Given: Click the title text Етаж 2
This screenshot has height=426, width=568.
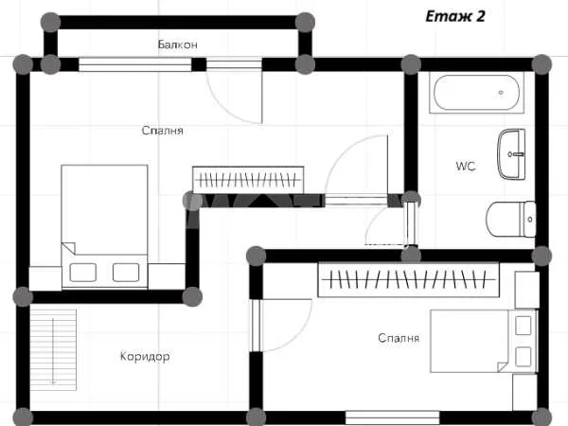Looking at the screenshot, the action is pyautogui.click(x=455, y=16).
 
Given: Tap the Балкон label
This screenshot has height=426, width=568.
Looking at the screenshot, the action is pyautogui.click(x=178, y=44).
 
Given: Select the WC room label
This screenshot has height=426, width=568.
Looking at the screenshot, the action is pyautogui.click(x=466, y=167).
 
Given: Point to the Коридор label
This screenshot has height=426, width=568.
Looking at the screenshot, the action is pyautogui.click(x=145, y=357).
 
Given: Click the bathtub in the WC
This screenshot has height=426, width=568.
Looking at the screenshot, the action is pyautogui.click(x=476, y=93).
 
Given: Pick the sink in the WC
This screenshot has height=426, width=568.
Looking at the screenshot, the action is pyautogui.click(x=511, y=153).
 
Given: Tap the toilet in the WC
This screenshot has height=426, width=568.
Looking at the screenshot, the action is pyautogui.click(x=511, y=220).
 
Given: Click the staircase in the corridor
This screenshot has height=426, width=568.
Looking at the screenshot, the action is pyautogui.click(x=53, y=350).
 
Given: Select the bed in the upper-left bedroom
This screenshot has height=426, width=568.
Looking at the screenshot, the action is pyautogui.click(x=104, y=226).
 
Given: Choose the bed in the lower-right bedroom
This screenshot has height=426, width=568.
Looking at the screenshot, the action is pyautogui.click(x=483, y=341).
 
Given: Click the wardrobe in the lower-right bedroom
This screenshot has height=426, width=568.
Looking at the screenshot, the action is pyautogui.click(x=408, y=279).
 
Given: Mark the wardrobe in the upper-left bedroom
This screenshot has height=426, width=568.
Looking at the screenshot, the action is pyautogui.click(x=248, y=180).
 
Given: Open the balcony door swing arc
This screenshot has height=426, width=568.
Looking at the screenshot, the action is pyautogui.click(x=222, y=109).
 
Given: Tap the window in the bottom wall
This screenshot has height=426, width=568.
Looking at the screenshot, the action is pyautogui.click(x=392, y=417).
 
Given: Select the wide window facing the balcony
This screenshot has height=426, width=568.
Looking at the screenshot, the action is pyautogui.click(x=135, y=64).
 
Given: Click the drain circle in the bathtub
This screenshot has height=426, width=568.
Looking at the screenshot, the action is pyautogui.click(x=501, y=93).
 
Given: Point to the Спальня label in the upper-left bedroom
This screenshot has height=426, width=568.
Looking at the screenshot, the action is pyautogui.click(x=162, y=131).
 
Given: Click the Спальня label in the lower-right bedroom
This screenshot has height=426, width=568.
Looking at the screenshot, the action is pyautogui.click(x=399, y=338).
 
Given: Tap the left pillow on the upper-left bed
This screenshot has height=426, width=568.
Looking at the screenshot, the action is pyautogui.click(x=83, y=273).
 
